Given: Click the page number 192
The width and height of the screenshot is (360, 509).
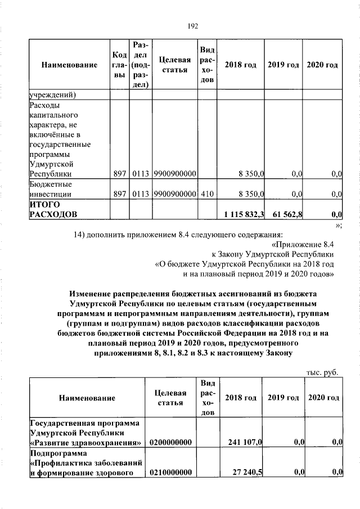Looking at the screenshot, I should (x=192, y=25).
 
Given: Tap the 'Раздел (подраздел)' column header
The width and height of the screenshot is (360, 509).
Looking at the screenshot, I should (x=141, y=65).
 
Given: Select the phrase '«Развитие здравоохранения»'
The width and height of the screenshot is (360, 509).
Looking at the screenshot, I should (x=85, y=443).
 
